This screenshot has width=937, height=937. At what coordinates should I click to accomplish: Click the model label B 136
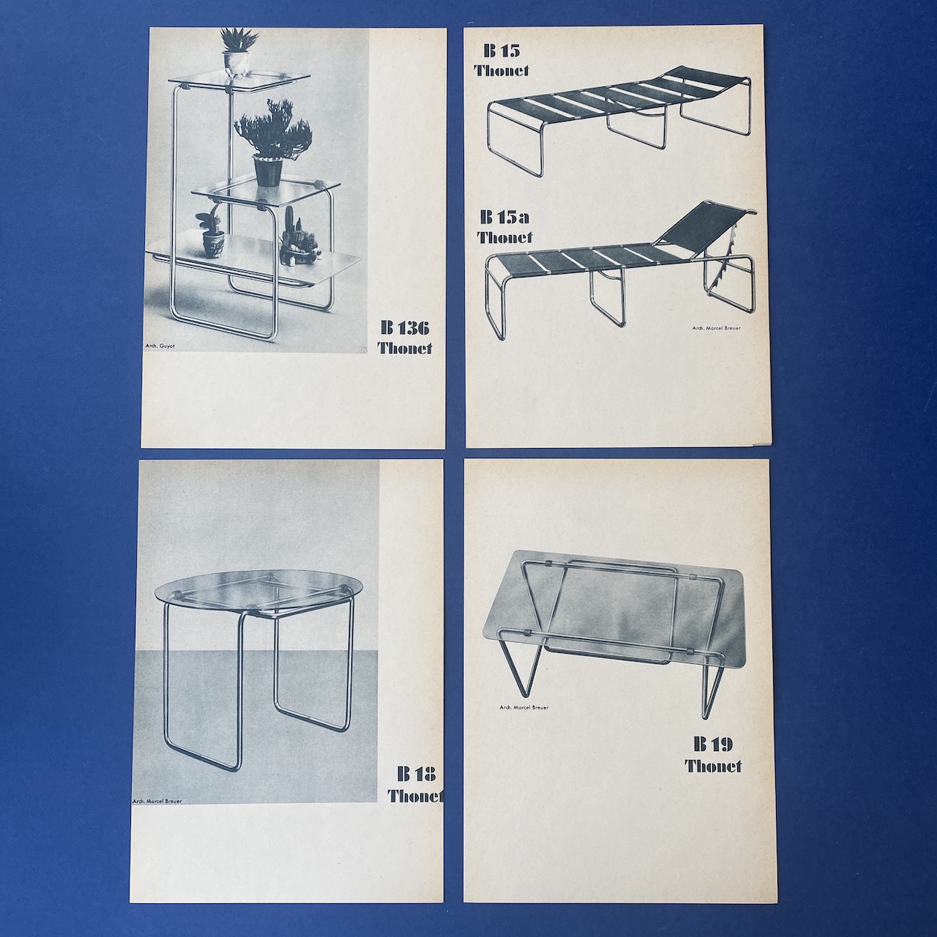405,329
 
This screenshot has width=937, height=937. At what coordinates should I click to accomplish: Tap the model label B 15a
504,217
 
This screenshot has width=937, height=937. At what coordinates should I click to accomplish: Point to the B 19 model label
714,758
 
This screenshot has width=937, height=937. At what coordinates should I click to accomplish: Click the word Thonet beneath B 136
405,348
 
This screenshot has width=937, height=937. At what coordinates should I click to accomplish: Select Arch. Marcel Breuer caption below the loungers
717,328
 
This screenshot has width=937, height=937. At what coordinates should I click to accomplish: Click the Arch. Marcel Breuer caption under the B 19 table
523,707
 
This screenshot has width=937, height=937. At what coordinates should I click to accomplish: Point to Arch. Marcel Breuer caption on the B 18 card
157,802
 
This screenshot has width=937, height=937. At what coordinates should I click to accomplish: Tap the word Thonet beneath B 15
502,70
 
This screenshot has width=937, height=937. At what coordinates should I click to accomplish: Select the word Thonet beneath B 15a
504,237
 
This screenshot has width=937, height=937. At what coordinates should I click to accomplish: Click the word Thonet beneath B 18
416,796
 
